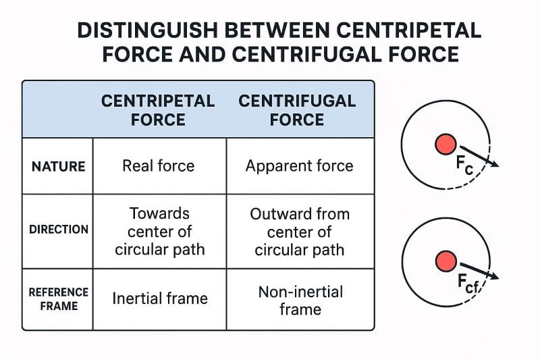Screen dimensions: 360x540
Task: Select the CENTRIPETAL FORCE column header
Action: (x=158, y=110)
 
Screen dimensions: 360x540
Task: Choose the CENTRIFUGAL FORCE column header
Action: (x=297, y=110)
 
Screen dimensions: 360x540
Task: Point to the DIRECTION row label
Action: (x=58, y=229)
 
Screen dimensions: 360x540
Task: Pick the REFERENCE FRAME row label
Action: (x=58, y=299)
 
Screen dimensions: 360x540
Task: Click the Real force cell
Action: (x=159, y=166)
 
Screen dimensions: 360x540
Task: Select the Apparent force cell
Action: (x=299, y=166)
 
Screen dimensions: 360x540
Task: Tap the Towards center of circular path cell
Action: (x=159, y=232)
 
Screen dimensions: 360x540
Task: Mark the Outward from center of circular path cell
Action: (x=300, y=232)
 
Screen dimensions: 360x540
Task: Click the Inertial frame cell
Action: (x=160, y=298)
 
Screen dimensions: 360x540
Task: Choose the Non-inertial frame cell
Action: (x=300, y=301)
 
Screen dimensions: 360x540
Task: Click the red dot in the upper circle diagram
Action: (x=446, y=144)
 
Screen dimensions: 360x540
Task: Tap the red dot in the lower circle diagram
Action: (x=446, y=261)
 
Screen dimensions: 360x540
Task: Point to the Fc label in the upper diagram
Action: (x=464, y=163)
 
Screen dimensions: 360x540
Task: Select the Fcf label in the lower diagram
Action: (x=467, y=284)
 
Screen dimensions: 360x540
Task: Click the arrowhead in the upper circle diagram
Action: (x=495, y=164)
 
